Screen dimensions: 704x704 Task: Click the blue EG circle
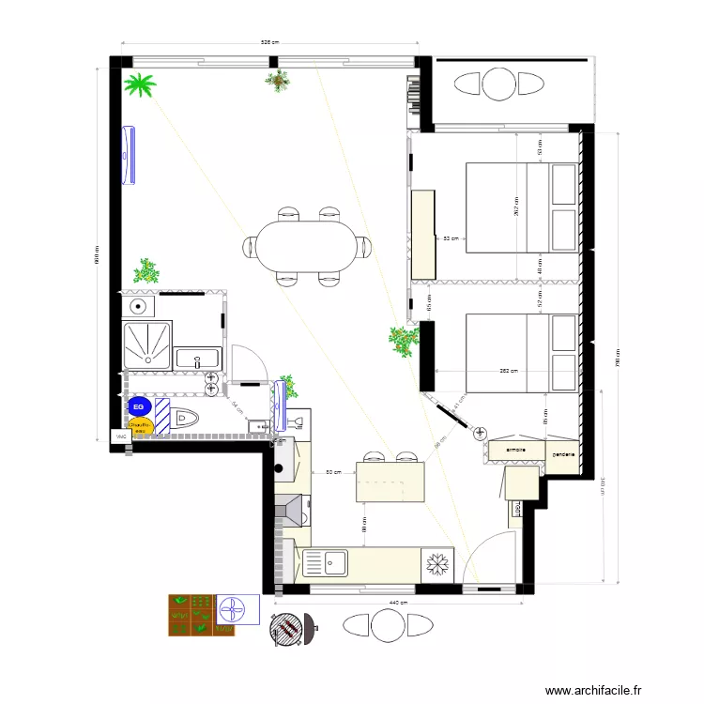point(139,406)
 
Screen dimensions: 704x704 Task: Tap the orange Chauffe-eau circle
point(140,427)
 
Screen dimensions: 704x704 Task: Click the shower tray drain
point(147,344)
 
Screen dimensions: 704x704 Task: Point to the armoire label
point(514,451)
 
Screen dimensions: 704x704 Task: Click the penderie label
point(562,455)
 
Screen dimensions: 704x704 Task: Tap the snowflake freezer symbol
point(436,563)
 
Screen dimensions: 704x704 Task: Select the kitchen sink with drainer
point(324,563)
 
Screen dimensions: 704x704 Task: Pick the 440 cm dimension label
point(396,602)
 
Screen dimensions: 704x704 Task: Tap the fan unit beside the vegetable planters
point(236,610)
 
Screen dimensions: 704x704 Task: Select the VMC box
point(120,437)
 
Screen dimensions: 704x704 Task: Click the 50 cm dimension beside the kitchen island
point(331,473)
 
